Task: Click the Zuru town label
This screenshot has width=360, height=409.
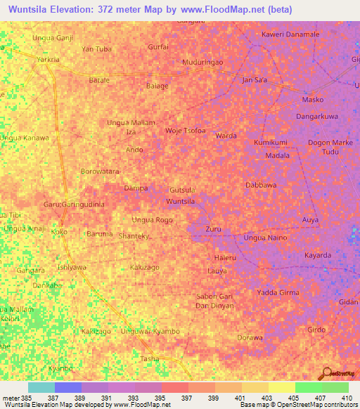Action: (x=214, y=230)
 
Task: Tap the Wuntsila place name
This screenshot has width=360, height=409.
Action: (x=180, y=202)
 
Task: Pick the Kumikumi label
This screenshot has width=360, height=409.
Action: (x=271, y=143)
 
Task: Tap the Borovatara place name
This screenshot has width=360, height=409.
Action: (x=101, y=171)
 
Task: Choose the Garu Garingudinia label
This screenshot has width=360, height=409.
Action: (x=74, y=204)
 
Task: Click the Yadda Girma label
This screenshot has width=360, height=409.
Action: (x=278, y=292)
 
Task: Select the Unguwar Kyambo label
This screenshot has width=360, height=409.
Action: (x=150, y=331)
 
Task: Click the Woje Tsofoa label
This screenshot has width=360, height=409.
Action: (x=185, y=131)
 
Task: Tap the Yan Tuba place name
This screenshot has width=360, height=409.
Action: (x=97, y=49)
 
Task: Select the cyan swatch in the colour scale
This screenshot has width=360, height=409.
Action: (x=41, y=387)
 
